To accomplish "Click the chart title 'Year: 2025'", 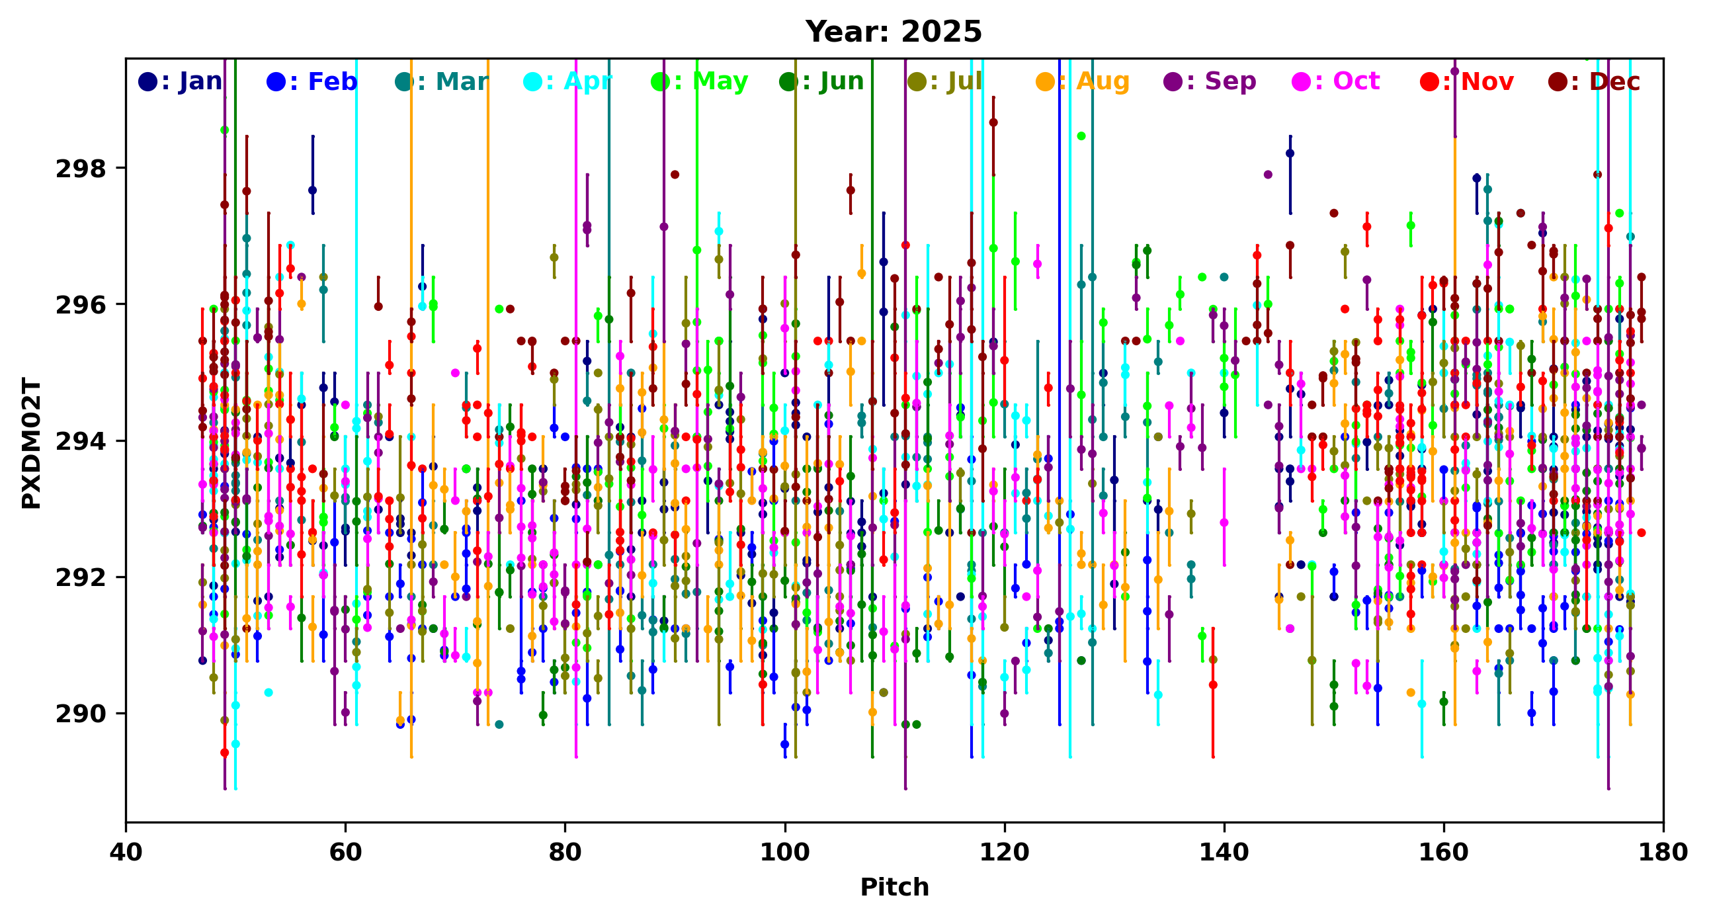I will [x=893, y=32].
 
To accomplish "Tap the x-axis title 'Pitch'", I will [x=894, y=887].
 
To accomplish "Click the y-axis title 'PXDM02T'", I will [x=31, y=442].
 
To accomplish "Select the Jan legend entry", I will [x=181, y=81].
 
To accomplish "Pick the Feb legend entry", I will [x=312, y=81].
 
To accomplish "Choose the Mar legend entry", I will [x=442, y=81].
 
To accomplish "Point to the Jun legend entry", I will [x=822, y=81].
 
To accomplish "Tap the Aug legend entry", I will [x=1083, y=81].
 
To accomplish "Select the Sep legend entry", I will [x=1210, y=81].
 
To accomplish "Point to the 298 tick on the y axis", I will [x=81, y=169].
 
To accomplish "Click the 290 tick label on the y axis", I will [x=81, y=714].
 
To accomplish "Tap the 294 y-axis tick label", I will [x=81, y=442].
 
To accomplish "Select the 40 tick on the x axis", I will [x=126, y=852].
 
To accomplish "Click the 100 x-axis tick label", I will [x=785, y=852].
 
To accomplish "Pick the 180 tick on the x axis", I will [x=1663, y=852].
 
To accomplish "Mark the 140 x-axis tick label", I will [x=1224, y=852].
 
